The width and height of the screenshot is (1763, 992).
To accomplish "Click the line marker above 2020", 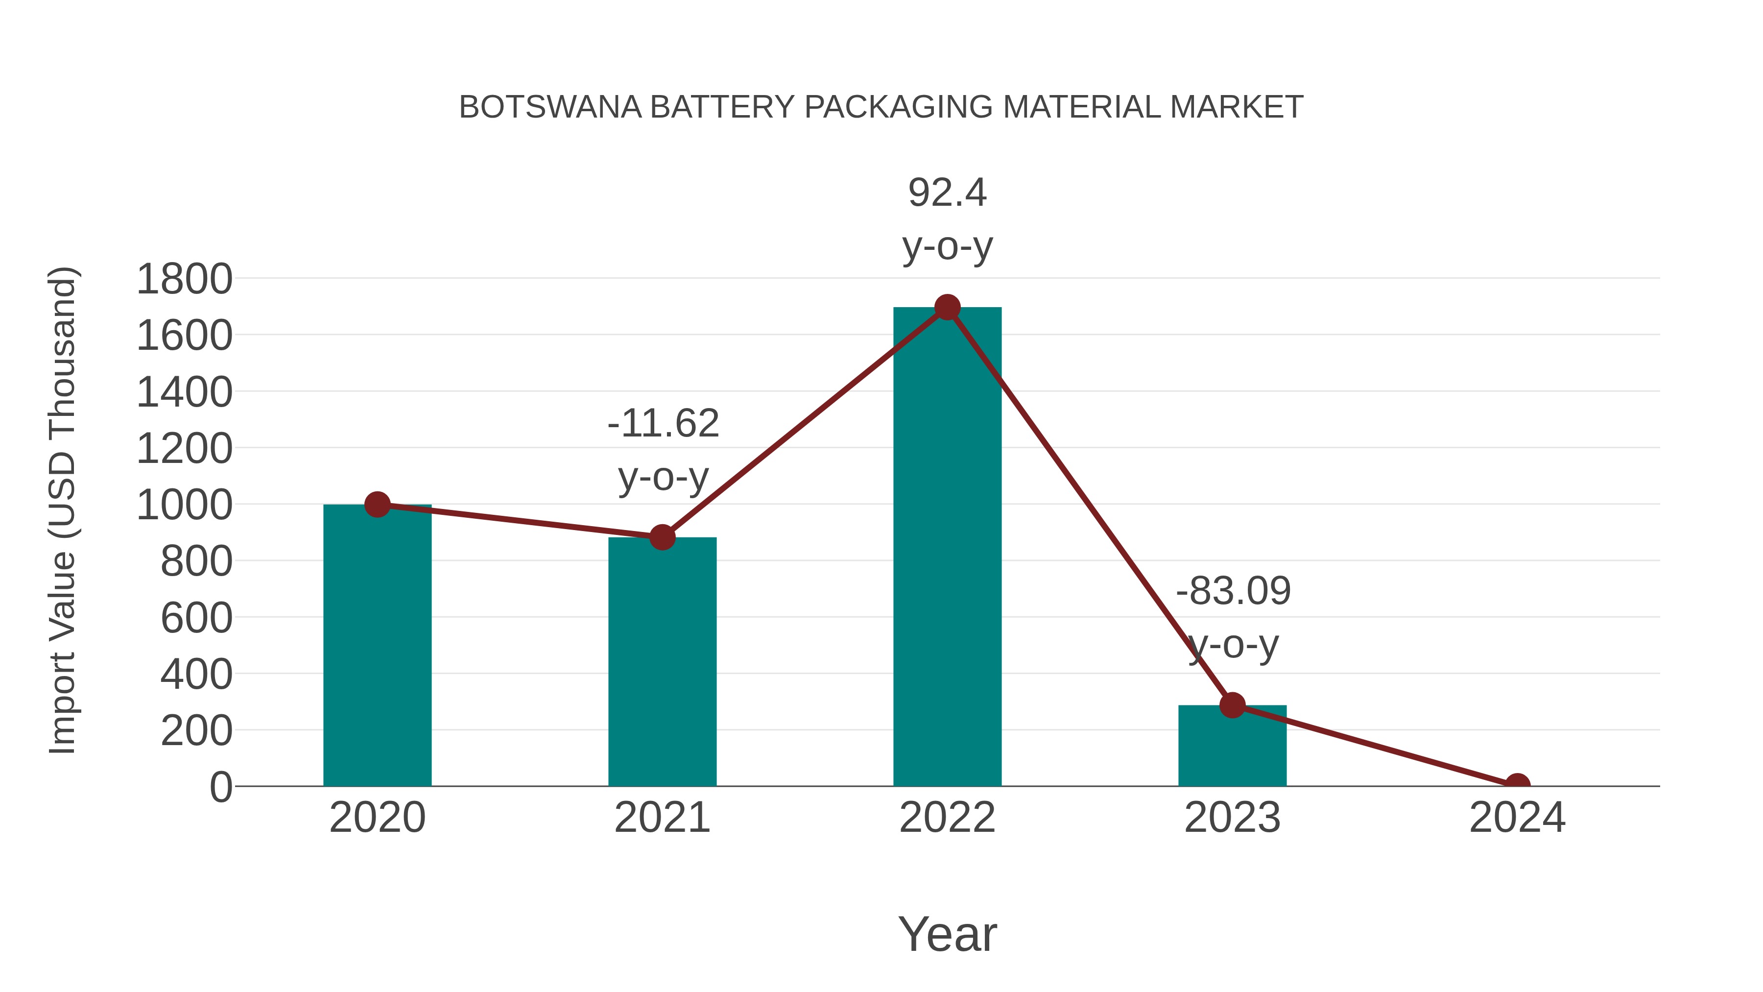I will [x=377, y=505].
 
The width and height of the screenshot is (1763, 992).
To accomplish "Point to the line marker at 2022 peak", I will [x=947, y=307].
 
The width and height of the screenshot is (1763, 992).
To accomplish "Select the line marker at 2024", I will [x=1517, y=785].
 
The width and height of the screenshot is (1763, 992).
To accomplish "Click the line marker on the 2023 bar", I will [x=1232, y=704].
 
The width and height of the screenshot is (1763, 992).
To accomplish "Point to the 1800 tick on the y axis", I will [x=184, y=279].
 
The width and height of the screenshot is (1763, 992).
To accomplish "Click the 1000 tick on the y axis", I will [x=184, y=505].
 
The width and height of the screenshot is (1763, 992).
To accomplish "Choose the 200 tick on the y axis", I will [x=196, y=730].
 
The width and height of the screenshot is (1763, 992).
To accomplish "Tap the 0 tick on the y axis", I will [x=220, y=787].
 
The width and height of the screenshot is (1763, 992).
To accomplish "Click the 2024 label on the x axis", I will [x=1517, y=818].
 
